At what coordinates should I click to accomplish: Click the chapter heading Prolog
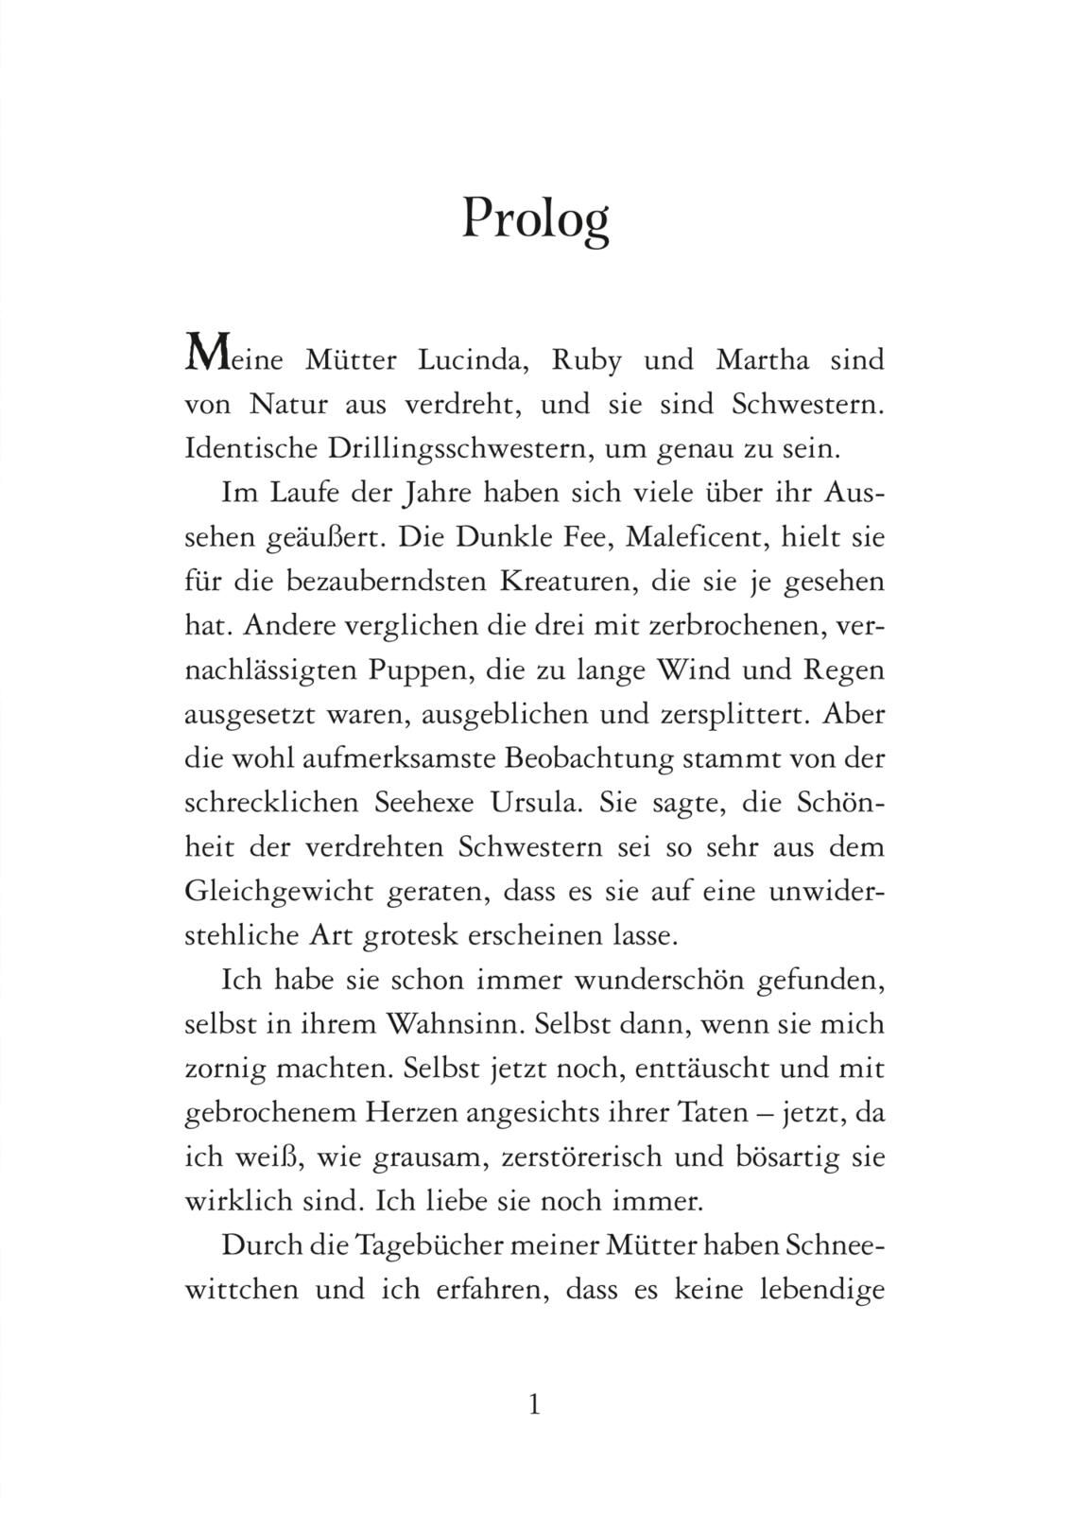[534, 219]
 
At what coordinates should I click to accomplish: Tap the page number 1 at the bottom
[534, 1404]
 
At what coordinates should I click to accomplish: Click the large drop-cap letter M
[207, 356]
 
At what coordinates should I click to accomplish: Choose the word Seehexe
[421, 803]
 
